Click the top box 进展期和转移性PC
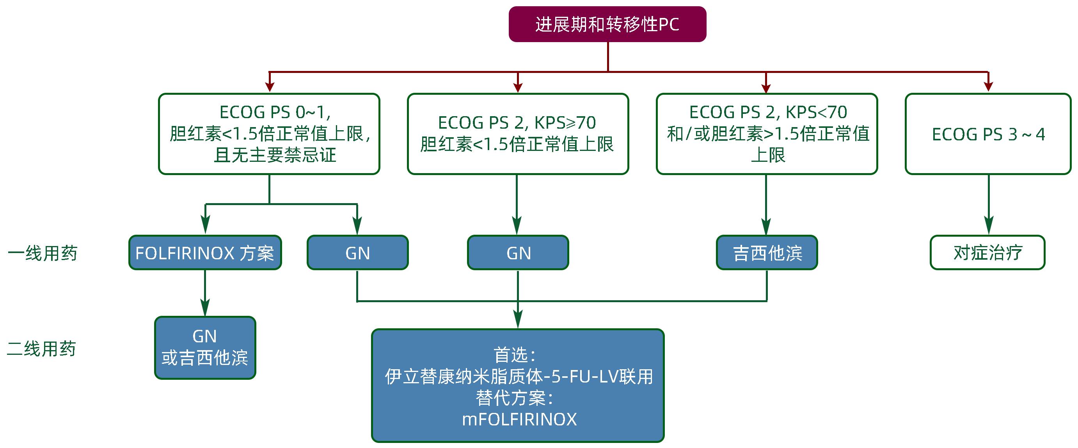pos(607,24)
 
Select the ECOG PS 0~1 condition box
pos(269,134)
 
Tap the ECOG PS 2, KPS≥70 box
pos(518,134)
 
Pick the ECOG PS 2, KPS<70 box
pos(767,134)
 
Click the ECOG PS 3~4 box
pos(988,134)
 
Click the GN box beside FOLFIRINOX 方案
pos(357,253)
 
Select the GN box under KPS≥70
pos(518,253)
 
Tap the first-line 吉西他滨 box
pos(767,253)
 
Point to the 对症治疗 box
pos(987,253)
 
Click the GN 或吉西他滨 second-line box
pos(205,348)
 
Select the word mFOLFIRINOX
pos(519,419)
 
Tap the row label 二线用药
pos(41,349)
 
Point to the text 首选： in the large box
pos(515,355)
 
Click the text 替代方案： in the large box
pos(515,398)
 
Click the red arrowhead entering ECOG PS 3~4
pos(988,86)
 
